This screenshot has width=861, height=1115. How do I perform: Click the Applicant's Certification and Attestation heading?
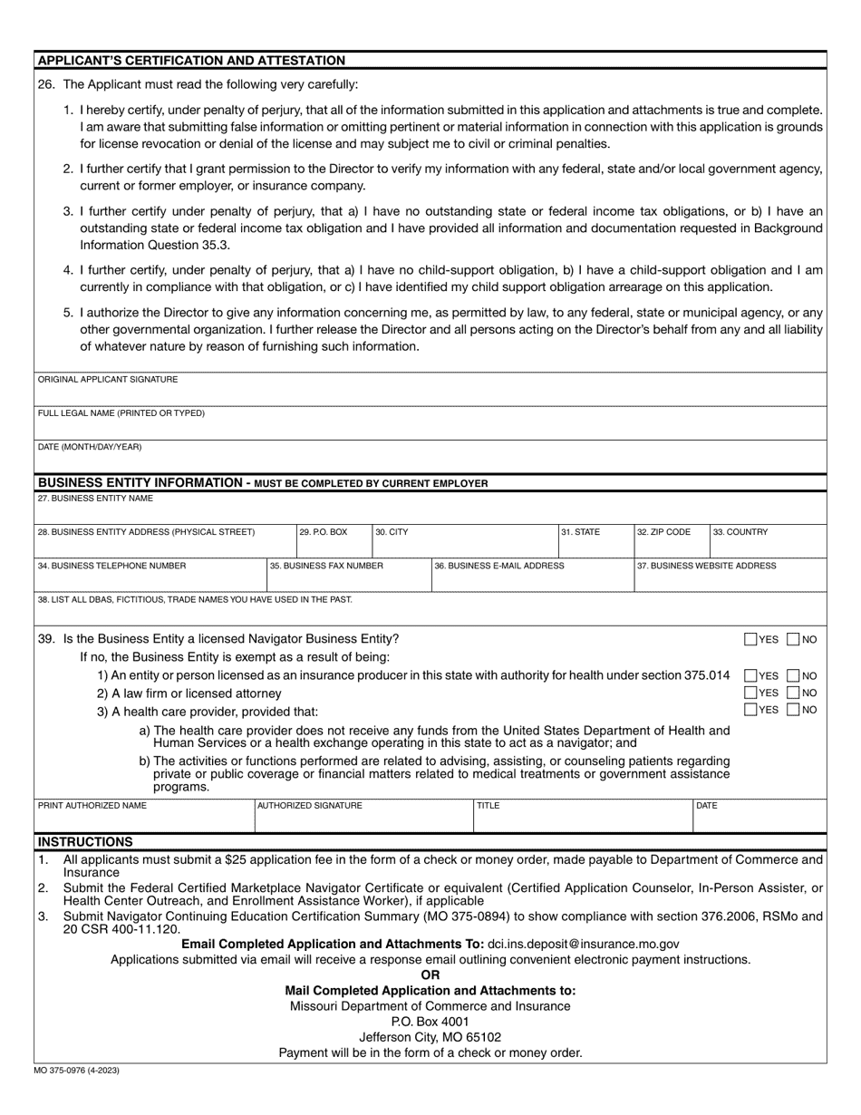(191, 61)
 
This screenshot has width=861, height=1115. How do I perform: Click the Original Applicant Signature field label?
(108, 380)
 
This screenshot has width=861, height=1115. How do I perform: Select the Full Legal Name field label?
(121, 413)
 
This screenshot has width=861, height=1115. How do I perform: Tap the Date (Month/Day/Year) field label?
(90, 447)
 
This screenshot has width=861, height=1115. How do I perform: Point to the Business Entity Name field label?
(95, 499)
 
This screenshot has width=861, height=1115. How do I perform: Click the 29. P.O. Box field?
(334, 540)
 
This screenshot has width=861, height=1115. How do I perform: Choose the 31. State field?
(595, 540)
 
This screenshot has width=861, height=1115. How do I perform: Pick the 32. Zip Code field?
(670, 540)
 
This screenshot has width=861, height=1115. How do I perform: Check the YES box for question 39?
(750, 639)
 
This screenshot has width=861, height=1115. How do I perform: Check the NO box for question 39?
(793, 639)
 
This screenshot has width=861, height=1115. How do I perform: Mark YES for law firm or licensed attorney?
(750, 693)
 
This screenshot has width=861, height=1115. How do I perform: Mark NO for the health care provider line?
(793, 710)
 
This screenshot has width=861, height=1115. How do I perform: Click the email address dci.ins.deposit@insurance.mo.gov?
(583, 944)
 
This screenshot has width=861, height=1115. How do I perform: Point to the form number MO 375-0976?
(77, 1071)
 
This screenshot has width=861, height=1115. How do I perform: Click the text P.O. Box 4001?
(430, 1022)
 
